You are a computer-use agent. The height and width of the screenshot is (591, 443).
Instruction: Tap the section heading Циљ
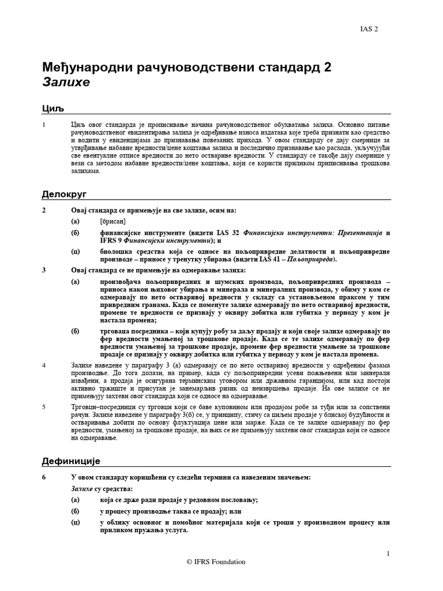(x=52, y=109)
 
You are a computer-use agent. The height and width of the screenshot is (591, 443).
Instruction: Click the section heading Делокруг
(x=64, y=194)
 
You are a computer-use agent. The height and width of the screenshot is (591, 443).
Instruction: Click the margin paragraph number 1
(x=44, y=124)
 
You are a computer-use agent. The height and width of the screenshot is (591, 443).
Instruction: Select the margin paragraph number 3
(x=44, y=270)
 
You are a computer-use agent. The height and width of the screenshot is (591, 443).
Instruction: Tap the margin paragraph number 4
(x=44, y=366)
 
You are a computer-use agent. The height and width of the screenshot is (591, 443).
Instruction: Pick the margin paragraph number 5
(x=44, y=406)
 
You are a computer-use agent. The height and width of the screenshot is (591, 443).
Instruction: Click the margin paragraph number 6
(x=44, y=477)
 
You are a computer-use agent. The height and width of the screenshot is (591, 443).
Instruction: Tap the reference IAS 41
(x=280, y=260)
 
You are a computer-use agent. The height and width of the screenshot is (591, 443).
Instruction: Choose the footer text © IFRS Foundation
(x=216, y=562)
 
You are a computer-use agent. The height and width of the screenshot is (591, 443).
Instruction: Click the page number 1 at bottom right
(x=388, y=553)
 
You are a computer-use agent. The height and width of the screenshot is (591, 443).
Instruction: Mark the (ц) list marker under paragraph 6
(x=76, y=522)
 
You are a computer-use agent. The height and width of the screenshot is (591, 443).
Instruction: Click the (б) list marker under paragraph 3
(x=76, y=331)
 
